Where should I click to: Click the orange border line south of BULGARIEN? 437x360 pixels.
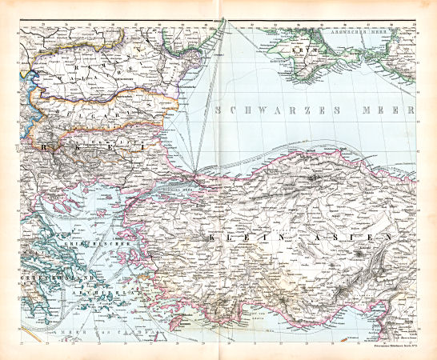click(x=120, y=128)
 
